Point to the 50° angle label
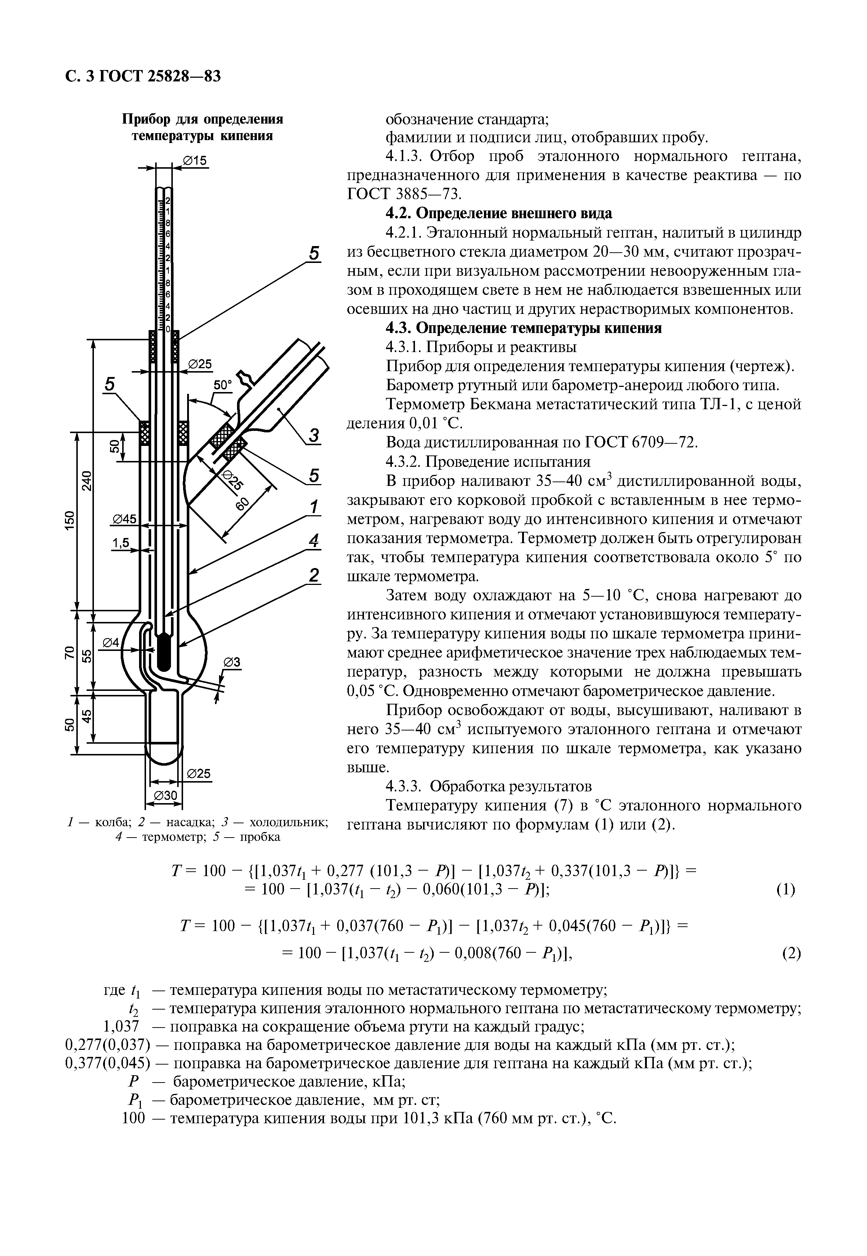222,385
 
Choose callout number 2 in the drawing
313,575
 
